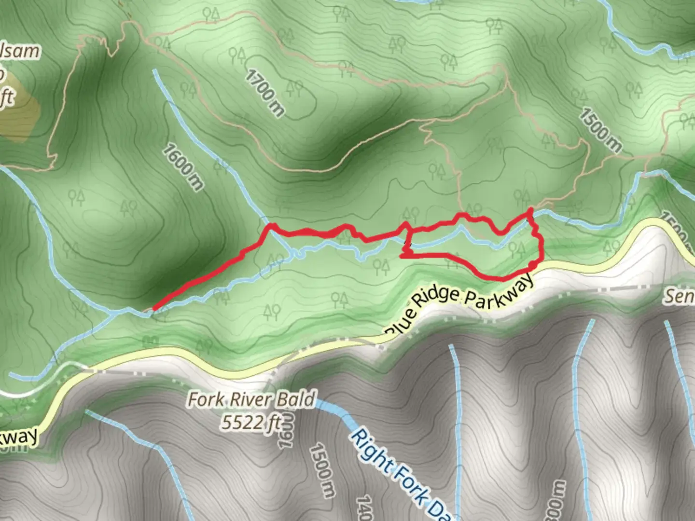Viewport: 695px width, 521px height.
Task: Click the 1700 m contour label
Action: (264, 93)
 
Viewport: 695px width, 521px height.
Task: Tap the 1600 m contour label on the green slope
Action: (183, 166)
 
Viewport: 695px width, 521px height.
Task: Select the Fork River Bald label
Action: (251, 399)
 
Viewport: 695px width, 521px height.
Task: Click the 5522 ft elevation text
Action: (251, 423)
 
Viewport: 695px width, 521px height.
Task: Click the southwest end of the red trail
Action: (154, 308)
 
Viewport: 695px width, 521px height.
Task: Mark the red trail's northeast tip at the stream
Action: (530, 209)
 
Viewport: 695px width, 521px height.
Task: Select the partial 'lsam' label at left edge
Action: (19, 51)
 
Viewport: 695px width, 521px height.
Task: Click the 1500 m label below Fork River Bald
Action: (322, 470)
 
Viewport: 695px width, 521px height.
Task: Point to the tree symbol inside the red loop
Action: (516, 249)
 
